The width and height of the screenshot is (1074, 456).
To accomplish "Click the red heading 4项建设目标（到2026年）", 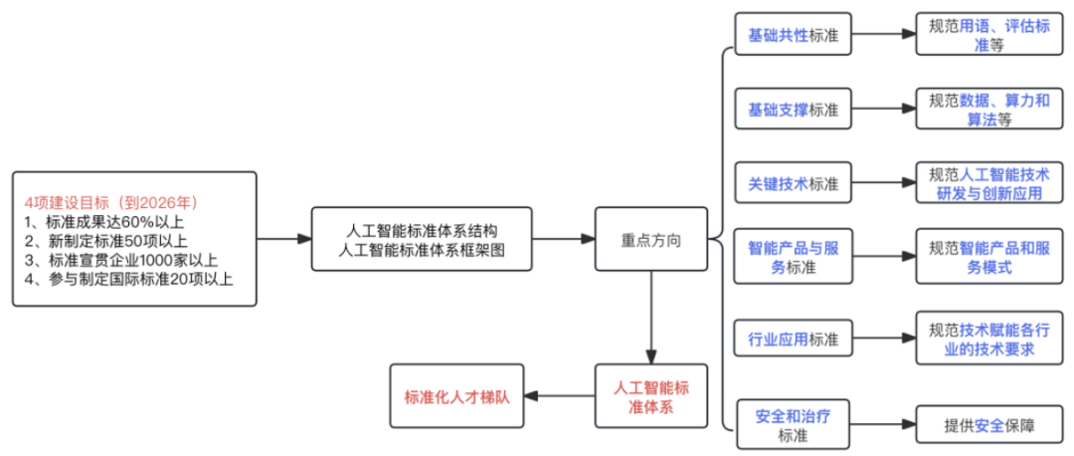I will (x=110, y=202).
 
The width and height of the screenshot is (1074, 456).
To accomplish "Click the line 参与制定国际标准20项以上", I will (x=128, y=279).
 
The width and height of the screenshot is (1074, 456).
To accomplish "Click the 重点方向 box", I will (x=651, y=239).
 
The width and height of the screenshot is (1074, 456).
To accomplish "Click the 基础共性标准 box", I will (x=793, y=35).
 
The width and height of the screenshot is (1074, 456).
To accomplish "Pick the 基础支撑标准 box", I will (x=793, y=109).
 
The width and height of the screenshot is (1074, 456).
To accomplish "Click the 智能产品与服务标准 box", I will (x=793, y=257).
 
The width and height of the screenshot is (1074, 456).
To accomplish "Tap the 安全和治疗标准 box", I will (x=793, y=424).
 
